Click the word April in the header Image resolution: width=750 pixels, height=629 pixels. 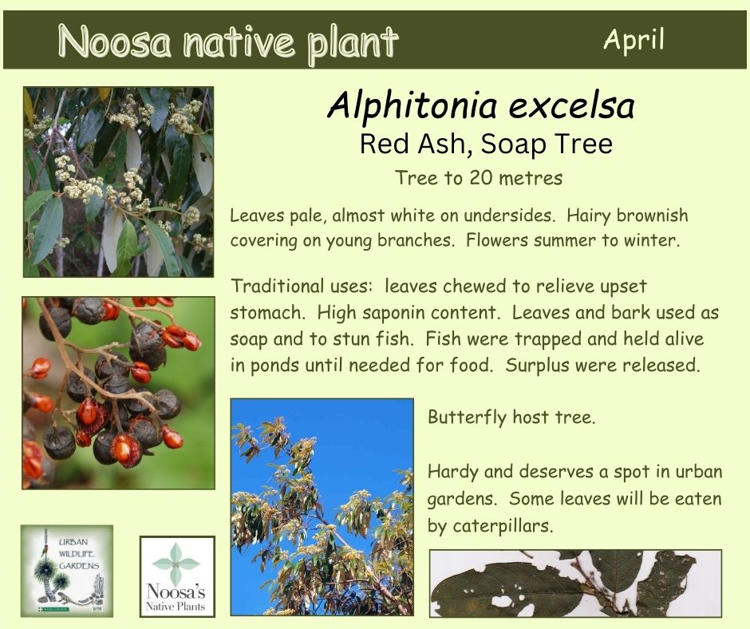(634, 40)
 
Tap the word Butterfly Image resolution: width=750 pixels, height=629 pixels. (467, 417)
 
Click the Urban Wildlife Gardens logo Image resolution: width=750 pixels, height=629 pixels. (67, 571)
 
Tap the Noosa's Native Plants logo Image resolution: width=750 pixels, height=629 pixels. (177, 576)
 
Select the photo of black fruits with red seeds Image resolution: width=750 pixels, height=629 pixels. (118, 393)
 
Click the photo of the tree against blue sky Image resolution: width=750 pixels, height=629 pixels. (322, 507)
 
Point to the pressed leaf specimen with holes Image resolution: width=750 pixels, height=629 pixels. (575, 584)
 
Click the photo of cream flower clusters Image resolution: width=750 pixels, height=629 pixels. (119, 182)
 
